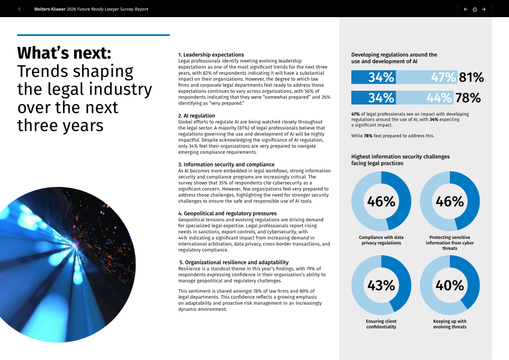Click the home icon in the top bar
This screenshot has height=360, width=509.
pos(475,9)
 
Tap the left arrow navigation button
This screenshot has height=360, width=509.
pos(465,9)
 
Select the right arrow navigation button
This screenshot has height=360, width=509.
pos(484,9)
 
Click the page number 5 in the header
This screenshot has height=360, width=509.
pos(19,9)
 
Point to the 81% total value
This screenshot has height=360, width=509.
pos(471,77)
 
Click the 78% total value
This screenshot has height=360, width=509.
pos(468,98)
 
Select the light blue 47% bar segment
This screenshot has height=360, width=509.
pos(427,77)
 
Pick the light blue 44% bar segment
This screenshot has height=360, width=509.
pos(424,98)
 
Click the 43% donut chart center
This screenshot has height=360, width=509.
pos(381,285)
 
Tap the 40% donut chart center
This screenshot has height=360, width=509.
pos(450,285)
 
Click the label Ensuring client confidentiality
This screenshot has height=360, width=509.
pos(381,324)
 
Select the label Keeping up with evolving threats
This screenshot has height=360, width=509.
pos(450,324)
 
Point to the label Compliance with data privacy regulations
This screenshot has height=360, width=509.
pos(381,240)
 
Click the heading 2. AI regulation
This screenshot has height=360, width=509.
pos(196,116)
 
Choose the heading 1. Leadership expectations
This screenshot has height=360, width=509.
pos(211,55)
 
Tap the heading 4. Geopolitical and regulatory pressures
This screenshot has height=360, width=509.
pos(227,213)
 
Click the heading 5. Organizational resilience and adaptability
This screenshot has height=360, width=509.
pos(233,262)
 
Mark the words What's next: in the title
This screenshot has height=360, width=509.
pos(64,53)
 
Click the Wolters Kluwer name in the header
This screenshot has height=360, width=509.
pos(50,9)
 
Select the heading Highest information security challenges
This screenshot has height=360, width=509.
pos(400,160)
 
